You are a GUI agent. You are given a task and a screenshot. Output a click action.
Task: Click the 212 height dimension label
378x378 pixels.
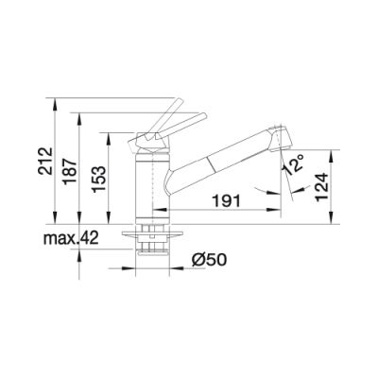pyautogui.click(x=46, y=161)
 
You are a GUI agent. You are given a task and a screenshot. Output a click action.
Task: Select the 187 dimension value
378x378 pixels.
pyautogui.click(x=70, y=172)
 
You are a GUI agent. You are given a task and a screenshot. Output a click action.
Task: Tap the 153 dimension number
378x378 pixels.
pyautogui.click(x=100, y=179)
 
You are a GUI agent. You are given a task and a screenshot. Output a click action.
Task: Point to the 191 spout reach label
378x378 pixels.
pyautogui.click(x=226, y=200)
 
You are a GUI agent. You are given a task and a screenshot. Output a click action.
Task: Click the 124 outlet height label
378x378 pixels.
pyautogui.click(x=322, y=187)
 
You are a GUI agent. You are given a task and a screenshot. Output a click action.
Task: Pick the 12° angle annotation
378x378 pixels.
pyautogui.click(x=294, y=164)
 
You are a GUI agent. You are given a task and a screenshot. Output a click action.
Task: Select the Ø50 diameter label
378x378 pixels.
pyautogui.click(x=209, y=260)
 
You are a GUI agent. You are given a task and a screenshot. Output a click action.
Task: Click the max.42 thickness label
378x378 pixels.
pyautogui.click(x=71, y=238)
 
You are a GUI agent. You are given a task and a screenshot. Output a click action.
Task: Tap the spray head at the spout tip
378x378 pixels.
pyautogui.click(x=281, y=139)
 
